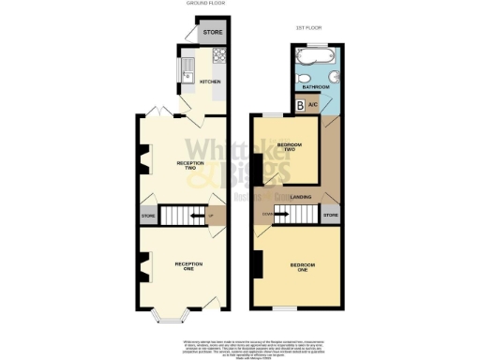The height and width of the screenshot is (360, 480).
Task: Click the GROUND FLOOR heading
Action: [x=201, y=5]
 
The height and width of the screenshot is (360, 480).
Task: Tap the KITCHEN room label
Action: [x=210, y=82]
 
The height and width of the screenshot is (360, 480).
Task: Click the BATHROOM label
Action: [x=314, y=86]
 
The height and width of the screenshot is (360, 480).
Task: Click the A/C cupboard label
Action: [x=313, y=106]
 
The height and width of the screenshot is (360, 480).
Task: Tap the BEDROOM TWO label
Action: [x=291, y=147]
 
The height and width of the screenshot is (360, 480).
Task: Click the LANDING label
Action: [x=301, y=197]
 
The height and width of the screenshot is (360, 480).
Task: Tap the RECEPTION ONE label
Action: [x=188, y=266]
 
